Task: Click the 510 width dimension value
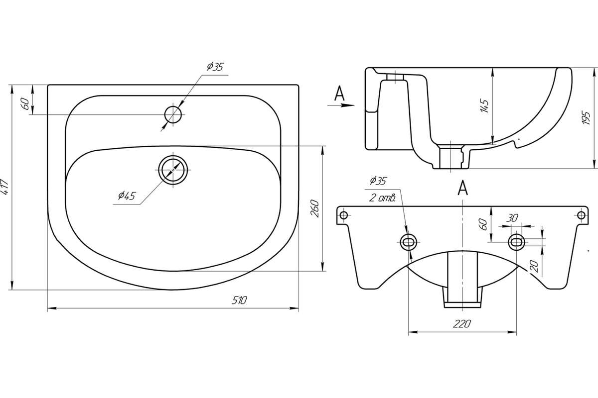(240, 300)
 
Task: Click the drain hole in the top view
(174, 169)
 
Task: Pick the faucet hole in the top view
(174, 114)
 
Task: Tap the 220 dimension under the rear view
(462, 324)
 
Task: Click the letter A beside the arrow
(339, 93)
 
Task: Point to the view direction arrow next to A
(342, 105)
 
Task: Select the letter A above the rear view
(462, 188)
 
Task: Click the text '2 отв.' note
(383, 198)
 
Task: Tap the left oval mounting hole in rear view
(408, 242)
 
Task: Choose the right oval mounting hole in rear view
(516, 242)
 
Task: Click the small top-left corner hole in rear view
(342, 215)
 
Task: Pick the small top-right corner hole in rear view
(581, 215)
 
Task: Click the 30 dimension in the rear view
(511, 218)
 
